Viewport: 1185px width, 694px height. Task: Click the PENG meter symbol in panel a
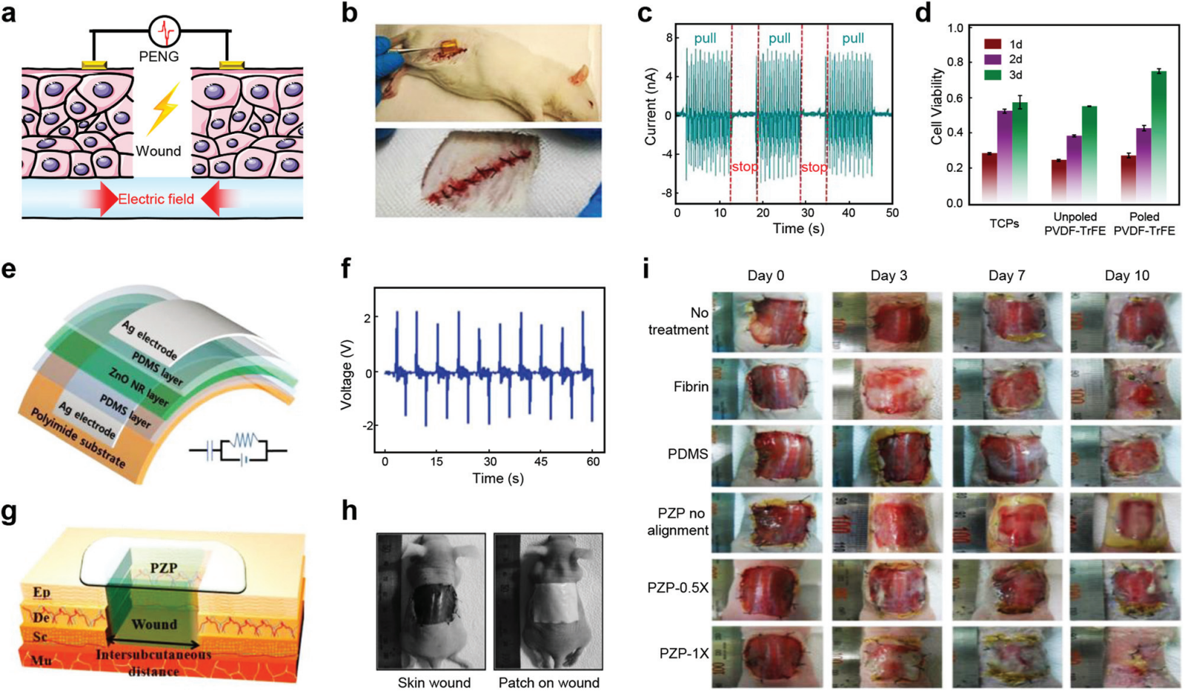click(x=164, y=32)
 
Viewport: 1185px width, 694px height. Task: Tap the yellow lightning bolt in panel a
click(x=164, y=108)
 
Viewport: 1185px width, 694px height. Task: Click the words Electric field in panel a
click(x=156, y=198)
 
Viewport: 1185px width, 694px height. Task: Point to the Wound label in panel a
click(x=158, y=151)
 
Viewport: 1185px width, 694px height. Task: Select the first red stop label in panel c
click(x=744, y=167)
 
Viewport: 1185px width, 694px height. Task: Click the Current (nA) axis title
click(x=651, y=107)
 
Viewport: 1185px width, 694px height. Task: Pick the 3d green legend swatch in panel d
click(x=992, y=75)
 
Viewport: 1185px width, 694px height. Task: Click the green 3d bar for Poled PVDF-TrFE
click(x=1159, y=136)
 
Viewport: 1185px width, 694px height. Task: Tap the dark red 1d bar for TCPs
click(x=989, y=178)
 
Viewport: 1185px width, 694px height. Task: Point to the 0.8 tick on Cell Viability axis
click(x=955, y=62)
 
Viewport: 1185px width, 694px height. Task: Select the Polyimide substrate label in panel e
click(x=77, y=436)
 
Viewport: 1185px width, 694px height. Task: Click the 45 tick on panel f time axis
click(x=541, y=461)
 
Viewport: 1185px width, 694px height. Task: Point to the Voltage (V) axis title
click(x=345, y=375)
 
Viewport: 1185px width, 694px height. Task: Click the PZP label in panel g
click(x=164, y=567)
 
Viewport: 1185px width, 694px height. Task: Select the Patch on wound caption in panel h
click(x=548, y=683)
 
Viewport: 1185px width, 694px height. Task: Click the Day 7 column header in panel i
click(x=1006, y=276)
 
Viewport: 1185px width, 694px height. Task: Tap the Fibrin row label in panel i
click(x=691, y=387)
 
